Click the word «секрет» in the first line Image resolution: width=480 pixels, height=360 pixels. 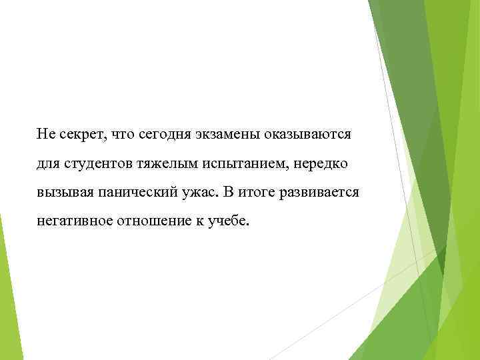[79, 135]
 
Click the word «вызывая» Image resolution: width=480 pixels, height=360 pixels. [63, 193]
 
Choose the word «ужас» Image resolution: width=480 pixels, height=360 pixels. [202, 193]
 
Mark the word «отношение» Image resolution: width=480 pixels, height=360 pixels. [157, 221]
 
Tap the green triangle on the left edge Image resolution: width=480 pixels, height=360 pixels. [8, 293]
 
